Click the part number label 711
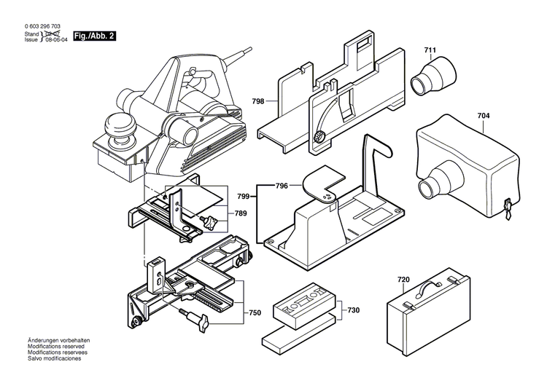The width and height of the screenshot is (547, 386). tap(430, 51)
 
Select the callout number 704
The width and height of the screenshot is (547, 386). tap(484, 115)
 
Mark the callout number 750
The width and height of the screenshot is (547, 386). tap(255, 312)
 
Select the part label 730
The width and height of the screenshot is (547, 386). tap(353, 310)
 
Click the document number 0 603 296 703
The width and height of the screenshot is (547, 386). tap(47, 27)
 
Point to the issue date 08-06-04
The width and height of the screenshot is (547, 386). tap(57, 42)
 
